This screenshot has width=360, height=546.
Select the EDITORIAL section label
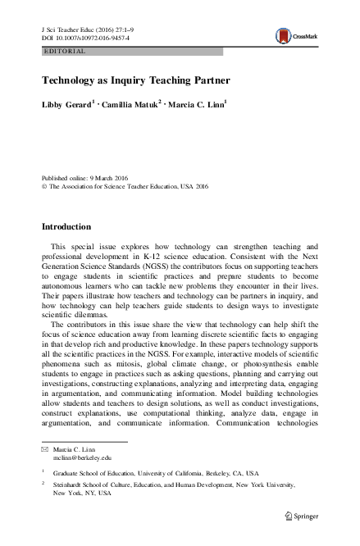tap(63, 51)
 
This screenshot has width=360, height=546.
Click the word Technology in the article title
tap(71, 80)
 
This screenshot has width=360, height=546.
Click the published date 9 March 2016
tap(115, 177)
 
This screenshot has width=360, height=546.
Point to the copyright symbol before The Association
tap(44, 186)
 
